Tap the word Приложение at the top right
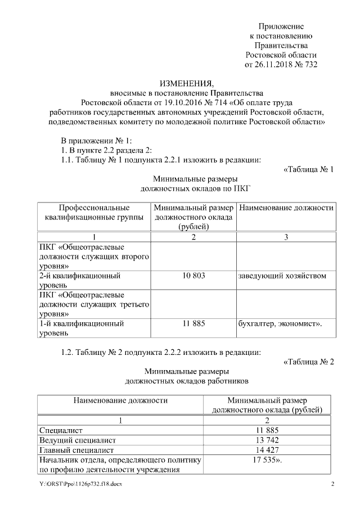coord(281,26)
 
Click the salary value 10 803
coord(193,276)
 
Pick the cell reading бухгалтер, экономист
coord(280,323)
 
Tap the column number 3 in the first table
coord(286,237)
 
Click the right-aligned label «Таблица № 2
coord(309,361)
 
